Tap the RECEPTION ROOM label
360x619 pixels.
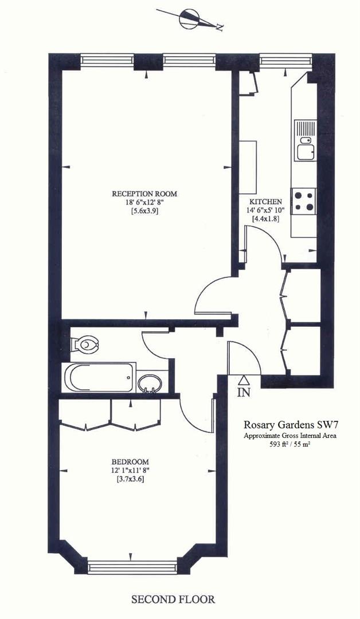click(144, 194)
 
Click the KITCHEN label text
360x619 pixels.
click(265, 202)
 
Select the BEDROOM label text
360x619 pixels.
click(130, 462)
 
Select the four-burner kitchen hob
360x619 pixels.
click(304, 201)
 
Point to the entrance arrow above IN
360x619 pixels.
click(244, 379)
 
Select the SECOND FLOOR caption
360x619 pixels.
click(173, 600)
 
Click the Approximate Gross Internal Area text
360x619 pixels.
click(289, 436)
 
